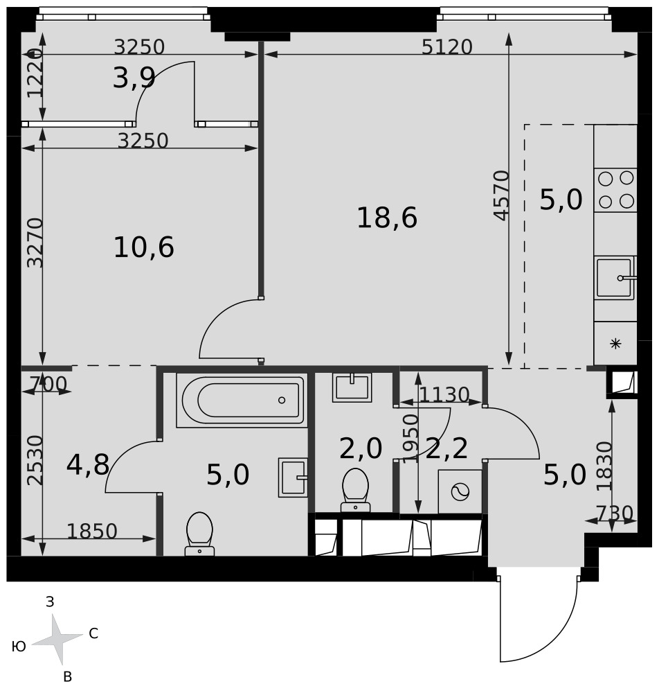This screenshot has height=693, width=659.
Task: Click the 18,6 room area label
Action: [x=387, y=218]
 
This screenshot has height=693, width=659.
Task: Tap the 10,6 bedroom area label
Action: [x=144, y=247]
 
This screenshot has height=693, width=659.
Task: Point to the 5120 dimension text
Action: [x=446, y=47]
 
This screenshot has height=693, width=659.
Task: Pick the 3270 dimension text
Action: [x=35, y=243]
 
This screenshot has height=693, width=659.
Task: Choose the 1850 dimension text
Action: [x=92, y=532]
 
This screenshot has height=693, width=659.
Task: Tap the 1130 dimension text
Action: [x=444, y=395]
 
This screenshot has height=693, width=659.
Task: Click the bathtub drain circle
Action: [x=282, y=400]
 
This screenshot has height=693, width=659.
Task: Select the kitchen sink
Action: [x=615, y=278]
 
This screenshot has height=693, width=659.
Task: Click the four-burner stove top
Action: [x=615, y=190]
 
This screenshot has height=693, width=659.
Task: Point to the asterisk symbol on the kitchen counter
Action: [x=615, y=344]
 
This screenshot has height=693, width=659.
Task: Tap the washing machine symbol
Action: [x=460, y=491]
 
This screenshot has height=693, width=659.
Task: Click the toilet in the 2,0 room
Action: [x=355, y=490]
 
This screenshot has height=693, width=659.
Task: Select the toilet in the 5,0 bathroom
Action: [x=199, y=534]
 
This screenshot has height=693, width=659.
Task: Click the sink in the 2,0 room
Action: [x=352, y=387]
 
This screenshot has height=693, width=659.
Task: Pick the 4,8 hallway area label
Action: [x=88, y=464]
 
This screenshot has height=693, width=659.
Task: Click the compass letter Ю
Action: [x=19, y=647]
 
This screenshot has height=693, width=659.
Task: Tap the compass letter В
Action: [x=68, y=676]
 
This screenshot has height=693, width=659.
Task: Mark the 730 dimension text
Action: [x=615, y=514]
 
